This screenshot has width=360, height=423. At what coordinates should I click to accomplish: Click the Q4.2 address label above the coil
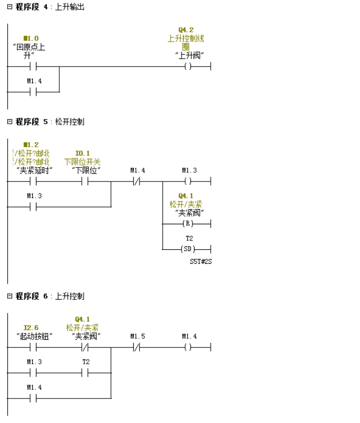(x=186, y=30)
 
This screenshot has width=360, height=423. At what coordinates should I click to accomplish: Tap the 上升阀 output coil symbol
(x=188, y=67)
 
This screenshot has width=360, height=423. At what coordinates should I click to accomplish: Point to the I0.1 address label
(x=82, y=153)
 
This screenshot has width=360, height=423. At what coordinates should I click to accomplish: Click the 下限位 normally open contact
(x=84, y=182)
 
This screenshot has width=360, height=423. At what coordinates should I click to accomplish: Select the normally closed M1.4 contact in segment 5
(x=136, y=182)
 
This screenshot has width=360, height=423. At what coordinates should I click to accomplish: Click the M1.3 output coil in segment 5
(x=188, y=182)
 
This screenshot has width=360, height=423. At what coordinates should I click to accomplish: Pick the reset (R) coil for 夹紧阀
(x=188, y=224)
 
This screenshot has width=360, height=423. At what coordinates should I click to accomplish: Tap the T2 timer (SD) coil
(x=188, y=249)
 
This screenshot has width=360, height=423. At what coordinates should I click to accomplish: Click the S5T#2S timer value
(x=201, y=261)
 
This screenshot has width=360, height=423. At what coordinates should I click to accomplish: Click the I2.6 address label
(x=31, y=328)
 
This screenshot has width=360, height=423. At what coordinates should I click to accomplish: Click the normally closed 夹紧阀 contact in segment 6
(x=84, y=347)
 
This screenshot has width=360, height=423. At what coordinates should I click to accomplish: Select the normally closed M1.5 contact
(x=136, y=347)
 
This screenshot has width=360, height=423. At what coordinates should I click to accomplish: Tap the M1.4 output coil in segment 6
(x=188, y=347)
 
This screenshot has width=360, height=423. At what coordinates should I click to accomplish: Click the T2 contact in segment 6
(x=84, y=373)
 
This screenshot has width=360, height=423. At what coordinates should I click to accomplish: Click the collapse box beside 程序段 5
(x=9, y=121)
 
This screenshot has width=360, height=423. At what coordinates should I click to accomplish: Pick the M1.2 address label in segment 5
(x=31, y=145)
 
